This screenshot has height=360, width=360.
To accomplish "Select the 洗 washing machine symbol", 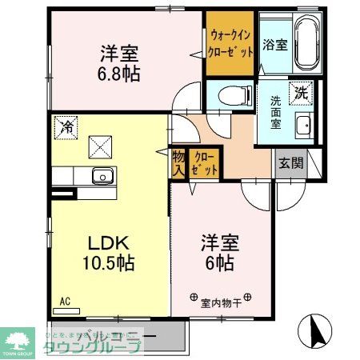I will [x=301, y=93].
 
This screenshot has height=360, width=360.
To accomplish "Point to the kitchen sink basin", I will [x=102, y=177].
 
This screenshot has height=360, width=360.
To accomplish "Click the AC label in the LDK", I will [x=66, y=302].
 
